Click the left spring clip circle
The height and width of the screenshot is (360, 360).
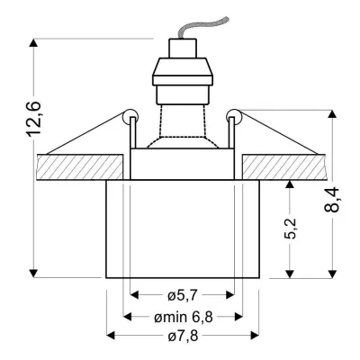pyautogui.click(x=129, y=115)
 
